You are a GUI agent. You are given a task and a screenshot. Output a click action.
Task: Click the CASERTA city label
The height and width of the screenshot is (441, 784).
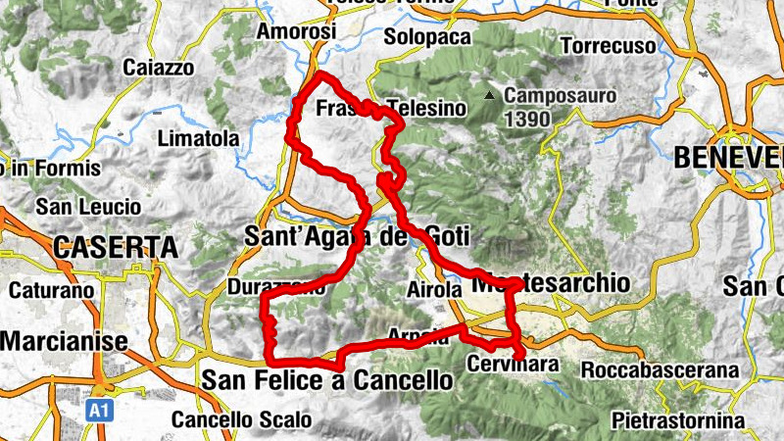pos(116,247)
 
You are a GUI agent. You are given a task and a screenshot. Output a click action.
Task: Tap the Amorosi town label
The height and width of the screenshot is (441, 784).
pos(295,31)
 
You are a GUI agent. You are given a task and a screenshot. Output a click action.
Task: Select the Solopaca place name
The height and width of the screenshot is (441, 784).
pos(422,36)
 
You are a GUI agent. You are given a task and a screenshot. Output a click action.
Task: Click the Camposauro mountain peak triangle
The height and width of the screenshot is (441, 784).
pos(488,96)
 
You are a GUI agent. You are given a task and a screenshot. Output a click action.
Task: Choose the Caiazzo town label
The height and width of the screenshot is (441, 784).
pos(159,68)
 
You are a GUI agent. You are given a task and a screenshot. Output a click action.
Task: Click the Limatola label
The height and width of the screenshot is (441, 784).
pos(199,139)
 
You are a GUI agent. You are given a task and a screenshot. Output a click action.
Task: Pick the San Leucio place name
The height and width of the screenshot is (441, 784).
pos(88,208)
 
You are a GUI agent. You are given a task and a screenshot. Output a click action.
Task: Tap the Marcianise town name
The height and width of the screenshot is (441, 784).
pos(65,341)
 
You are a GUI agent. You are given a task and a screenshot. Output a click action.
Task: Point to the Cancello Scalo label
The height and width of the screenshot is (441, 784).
pos(241,420)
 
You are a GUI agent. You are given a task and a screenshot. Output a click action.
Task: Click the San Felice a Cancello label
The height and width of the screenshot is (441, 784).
pos(327,379)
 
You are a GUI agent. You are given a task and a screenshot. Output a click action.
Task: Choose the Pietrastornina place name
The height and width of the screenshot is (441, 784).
pos(677,421)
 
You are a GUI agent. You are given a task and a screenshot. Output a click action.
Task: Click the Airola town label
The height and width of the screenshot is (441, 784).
pos(432,290)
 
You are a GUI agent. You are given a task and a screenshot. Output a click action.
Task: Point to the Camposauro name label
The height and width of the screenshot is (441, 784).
pos(560,97)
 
